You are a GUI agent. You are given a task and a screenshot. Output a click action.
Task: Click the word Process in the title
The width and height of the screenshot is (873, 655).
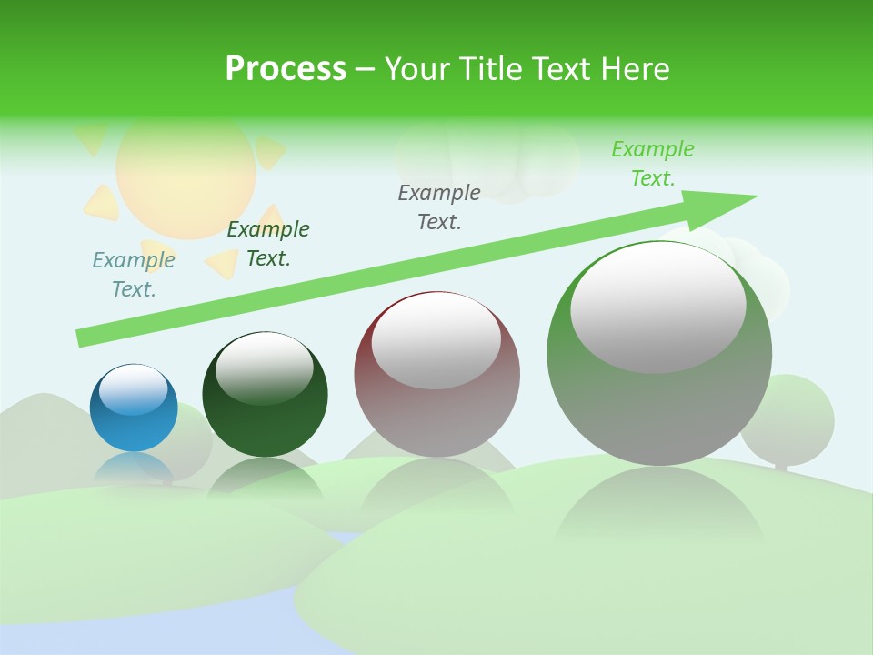click(286, 69)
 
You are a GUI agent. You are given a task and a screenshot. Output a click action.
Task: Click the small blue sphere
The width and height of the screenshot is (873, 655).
click(134, 408)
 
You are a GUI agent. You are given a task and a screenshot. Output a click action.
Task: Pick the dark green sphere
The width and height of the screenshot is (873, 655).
click(265, 395)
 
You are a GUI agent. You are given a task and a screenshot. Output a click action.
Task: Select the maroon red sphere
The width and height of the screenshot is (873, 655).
click(436, 374)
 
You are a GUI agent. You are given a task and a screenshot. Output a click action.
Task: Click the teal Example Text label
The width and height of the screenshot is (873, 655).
click(134, 275)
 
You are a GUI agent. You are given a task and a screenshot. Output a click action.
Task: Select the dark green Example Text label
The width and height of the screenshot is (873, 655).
click(268, 244)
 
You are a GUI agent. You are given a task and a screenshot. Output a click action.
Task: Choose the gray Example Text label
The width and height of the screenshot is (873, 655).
click(439, 207)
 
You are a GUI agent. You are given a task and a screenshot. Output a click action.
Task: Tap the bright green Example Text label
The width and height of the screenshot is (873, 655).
click(653, 164)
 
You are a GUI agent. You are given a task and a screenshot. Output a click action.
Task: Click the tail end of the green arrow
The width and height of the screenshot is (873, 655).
click(85, 338)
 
